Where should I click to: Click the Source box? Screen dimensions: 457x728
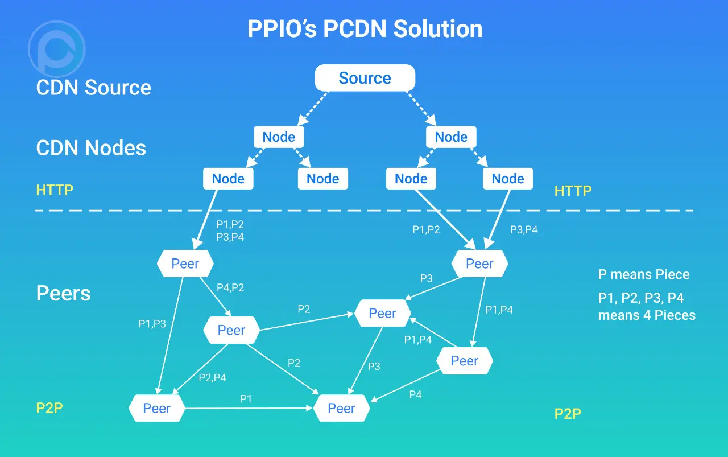pos(365,78)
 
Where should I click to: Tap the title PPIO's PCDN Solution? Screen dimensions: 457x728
pos(365,29)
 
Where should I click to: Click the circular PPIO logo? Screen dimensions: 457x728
pos(56,49)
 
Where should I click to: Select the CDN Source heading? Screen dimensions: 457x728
pos(93,88)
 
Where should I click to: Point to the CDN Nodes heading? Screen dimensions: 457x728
pos(91,148)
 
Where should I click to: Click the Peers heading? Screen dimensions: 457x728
pos(63,293)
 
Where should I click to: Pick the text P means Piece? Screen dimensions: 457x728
pos(643,274)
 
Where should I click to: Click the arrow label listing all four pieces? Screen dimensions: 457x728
pos(230,230)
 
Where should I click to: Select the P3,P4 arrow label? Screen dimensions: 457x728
pos(524,230)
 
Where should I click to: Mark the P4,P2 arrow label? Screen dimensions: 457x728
pos(230,287)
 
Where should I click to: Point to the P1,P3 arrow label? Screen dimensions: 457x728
pos(152,324)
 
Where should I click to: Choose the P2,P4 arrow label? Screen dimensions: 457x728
pos(212,377)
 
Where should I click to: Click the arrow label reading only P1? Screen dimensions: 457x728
pos(246,398)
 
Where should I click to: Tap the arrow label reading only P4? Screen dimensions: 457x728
pos(415,394)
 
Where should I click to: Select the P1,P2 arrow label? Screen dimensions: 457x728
pos(426,230)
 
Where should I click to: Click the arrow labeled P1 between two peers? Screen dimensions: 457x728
pos(250,408)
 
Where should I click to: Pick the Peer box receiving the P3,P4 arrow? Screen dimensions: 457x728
pos(479,264)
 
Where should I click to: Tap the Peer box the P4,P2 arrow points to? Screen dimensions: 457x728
pos(231,330)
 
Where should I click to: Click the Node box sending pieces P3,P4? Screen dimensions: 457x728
pos(507,179)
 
